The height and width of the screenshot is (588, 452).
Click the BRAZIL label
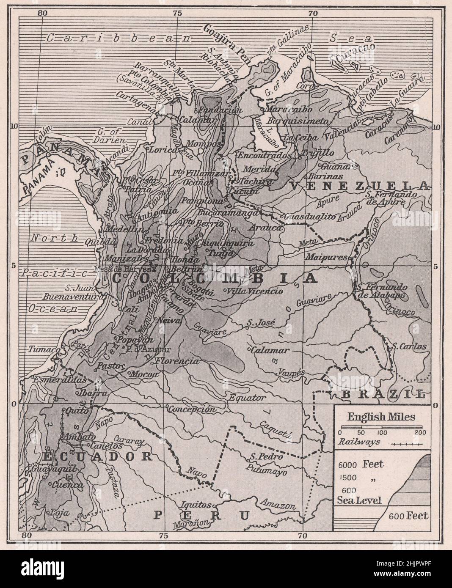(x=382, y=394)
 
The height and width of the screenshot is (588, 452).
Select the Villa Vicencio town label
(x=255, y=291)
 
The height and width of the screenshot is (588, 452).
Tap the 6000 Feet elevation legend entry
(x=361, y=464)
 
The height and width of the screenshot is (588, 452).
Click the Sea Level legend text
(x=359, y=501)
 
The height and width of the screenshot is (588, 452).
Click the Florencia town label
(x=177, y=362)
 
